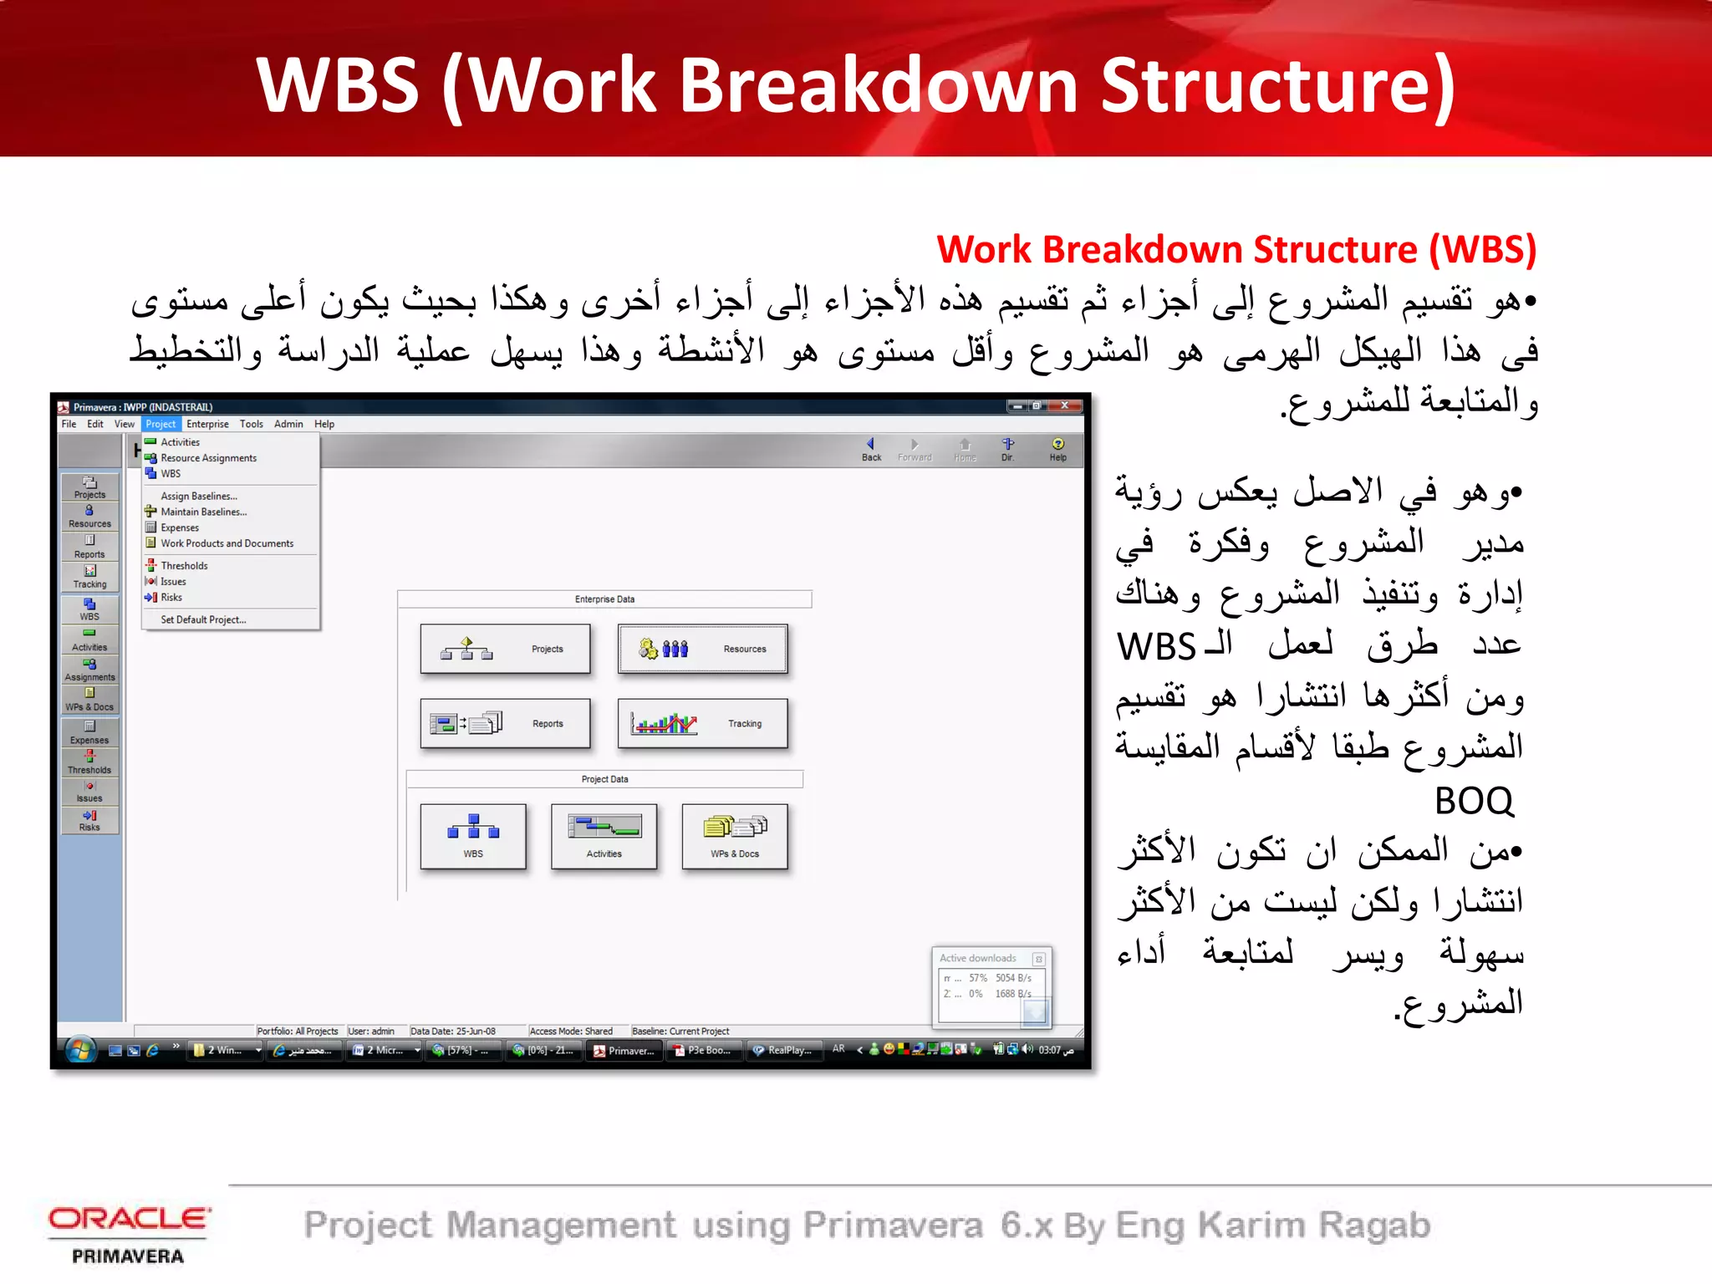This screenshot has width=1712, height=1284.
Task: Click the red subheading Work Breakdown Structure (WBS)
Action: (x=1236, y=250)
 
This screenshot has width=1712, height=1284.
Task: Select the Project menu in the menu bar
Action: (x=160, y=424)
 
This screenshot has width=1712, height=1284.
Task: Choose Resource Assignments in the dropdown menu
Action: (x=208, y=458)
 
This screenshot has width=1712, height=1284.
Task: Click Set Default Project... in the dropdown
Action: (x=203, y=619)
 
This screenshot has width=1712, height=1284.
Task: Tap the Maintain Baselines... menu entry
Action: (x=203, y=512)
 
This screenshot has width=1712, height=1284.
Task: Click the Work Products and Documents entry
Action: (x=227, y=543)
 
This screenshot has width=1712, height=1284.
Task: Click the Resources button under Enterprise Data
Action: (x=702, y=649)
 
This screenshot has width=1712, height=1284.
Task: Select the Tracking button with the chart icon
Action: (x=702, y=723)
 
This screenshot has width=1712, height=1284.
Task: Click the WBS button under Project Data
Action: (x=473, y=836)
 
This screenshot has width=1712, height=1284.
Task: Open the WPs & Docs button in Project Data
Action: (x=735, y=836)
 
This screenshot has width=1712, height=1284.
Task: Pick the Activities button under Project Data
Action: (x=604, y=836)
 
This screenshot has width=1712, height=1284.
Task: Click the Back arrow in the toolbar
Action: (x=871, y=449)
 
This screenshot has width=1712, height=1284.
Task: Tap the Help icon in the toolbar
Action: (x=1057, y=449)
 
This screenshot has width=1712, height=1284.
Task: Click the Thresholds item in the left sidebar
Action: (x=89, y=762)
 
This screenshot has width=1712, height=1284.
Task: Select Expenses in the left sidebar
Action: (x=89, y=732)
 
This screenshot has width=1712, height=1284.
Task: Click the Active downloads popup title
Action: (x=977, y=958)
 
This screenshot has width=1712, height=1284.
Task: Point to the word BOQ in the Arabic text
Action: (x=1474, y=801)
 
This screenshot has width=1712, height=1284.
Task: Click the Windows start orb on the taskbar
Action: (x=80, y=1050)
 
